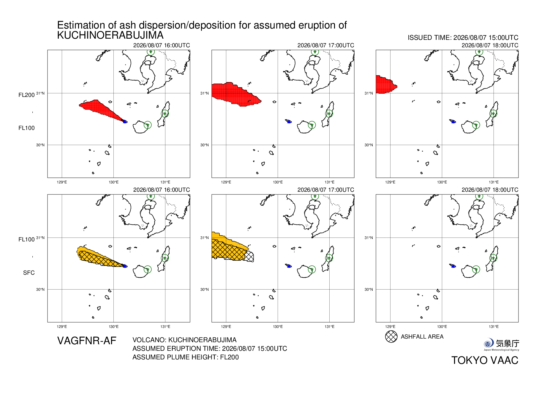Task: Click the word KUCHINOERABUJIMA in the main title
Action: coord(110,35)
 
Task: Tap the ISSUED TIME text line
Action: coord(463,38)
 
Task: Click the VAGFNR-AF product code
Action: coord(87,341)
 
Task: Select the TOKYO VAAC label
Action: coord(485,360)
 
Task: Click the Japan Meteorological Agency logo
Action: coord(501,345)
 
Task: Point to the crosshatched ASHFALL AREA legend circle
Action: coord(391,337)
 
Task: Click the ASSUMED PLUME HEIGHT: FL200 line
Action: coord(186,357)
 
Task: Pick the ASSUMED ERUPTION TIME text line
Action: coord(210,348)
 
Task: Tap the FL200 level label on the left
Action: coord(26,95)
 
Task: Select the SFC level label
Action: coord(29,273)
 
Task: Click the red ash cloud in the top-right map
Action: coord(385,85)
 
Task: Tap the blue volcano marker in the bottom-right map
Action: coord(453,266)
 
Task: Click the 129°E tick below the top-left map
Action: coord(62,182)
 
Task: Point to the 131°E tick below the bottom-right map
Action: coord(494,327)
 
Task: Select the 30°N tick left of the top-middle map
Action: coord(204,145)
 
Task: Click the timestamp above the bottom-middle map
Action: coord(326,190)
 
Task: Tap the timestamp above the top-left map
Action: coord(162,45)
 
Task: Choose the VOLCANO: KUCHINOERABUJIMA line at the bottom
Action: coord(184,340)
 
